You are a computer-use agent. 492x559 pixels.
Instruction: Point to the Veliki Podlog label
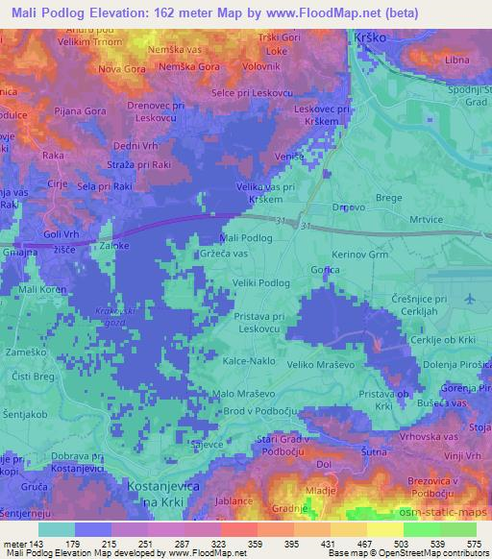(x=261, y=283)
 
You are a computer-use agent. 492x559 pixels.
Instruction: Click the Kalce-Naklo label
(x=247, y=365)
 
